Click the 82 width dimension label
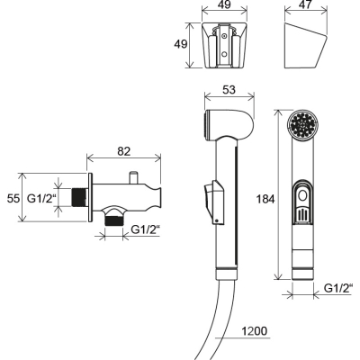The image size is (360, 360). point(123,151)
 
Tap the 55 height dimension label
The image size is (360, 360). point(13,199)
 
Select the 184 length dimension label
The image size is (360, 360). point(265,199)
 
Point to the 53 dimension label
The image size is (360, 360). point(229,90)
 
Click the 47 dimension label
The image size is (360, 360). point(306,4)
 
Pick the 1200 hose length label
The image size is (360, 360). point(254,331)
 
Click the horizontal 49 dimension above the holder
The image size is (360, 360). point(224,4)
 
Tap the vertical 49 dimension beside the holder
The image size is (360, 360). point(181,44)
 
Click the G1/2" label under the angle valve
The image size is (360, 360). point(146,229)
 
